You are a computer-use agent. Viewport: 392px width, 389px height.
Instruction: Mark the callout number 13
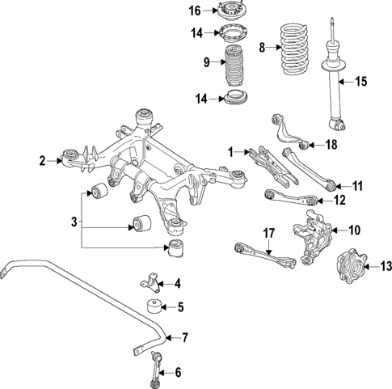point(385,264)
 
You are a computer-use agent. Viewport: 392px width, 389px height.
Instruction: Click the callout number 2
point(43,161)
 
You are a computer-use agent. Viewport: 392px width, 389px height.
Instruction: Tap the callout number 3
point(75,220)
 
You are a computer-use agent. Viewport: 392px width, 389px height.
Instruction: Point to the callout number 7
point(185,336)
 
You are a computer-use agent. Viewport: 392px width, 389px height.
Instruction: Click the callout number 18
point(330,146)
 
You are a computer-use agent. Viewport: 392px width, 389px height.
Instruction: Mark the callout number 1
point(230,151)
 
